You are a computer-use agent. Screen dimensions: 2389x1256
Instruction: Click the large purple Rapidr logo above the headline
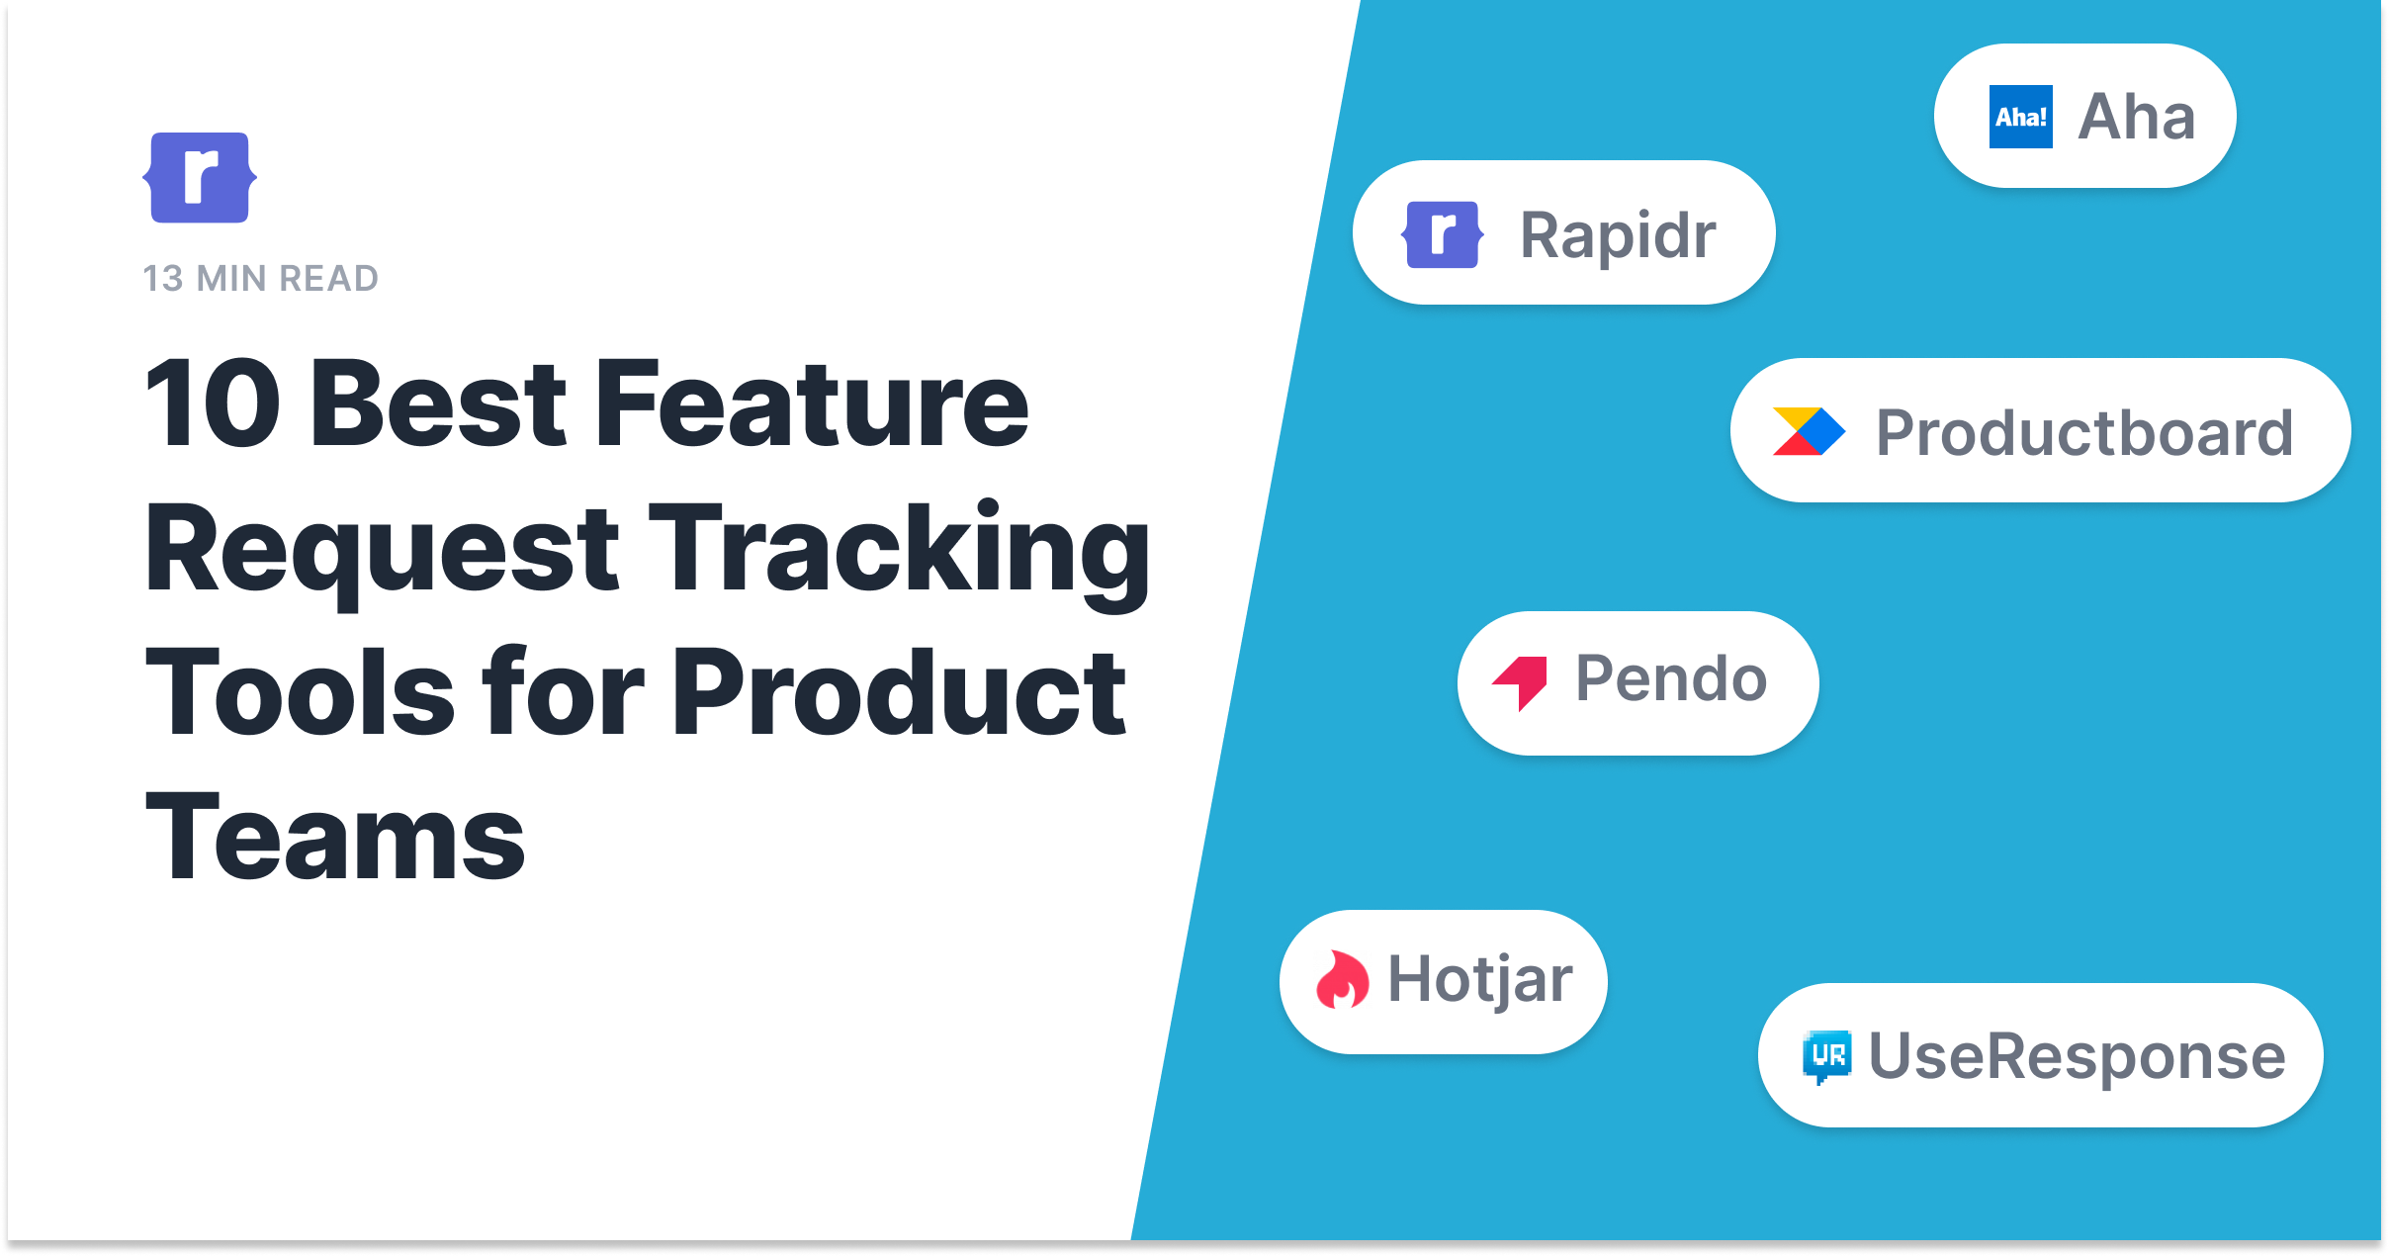(200, 177)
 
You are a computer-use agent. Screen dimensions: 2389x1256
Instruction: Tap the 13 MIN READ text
(261, 279)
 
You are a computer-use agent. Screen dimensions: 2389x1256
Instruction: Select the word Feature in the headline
(812, 404)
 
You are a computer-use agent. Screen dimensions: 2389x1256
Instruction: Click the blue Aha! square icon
(2020, 117)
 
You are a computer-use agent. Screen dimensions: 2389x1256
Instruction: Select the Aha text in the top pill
(2137, 117)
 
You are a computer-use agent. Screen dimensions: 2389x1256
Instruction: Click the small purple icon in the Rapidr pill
(1442, 234)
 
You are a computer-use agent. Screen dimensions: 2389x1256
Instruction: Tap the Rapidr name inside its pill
(1619, 235)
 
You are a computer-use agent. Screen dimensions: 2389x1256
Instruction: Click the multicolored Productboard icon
(1809, 431)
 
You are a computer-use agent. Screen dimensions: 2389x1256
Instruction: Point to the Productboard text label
(2085, 433)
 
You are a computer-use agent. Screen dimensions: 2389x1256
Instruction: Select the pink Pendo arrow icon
(1520, 682)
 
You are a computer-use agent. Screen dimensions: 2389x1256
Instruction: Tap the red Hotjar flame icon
(1343, 979)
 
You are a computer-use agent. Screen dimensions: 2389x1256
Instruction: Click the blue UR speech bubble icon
(1826, 1057)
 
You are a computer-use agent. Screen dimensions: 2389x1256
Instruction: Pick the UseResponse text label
(2078, 1057)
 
